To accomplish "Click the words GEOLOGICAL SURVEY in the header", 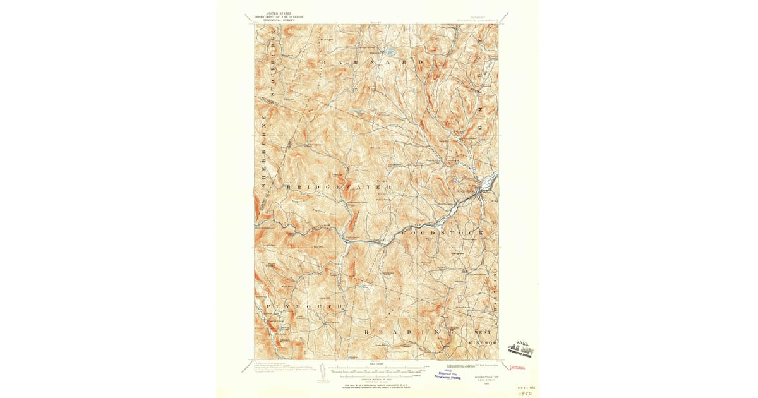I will [272, 20].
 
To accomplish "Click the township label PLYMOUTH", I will [304, 306].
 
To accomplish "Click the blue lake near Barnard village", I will [390, 51].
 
